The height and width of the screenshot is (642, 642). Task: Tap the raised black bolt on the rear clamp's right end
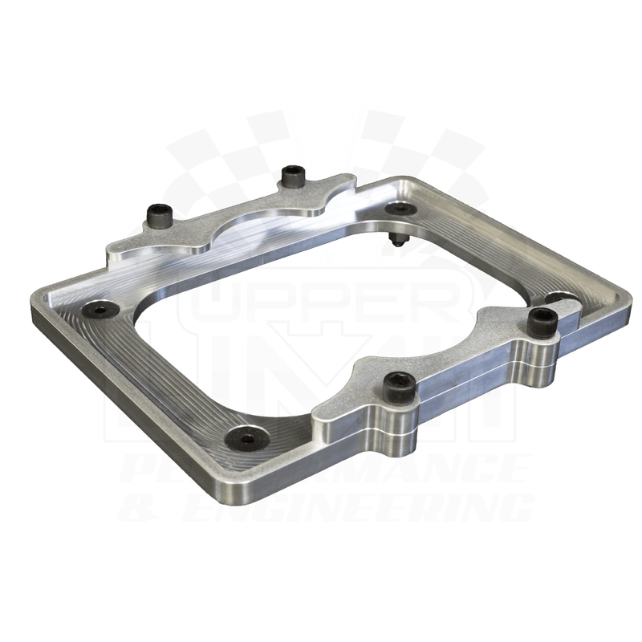tap(292, 176)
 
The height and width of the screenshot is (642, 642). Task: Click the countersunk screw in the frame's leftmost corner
tap(100, 309)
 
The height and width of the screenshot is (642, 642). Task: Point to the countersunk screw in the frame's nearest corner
tap(245, 438)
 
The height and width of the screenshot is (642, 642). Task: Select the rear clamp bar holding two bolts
tap(233, 218)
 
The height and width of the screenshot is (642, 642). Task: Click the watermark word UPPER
tap(321, 300)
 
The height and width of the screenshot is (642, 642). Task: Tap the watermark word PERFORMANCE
tap(321, 469)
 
